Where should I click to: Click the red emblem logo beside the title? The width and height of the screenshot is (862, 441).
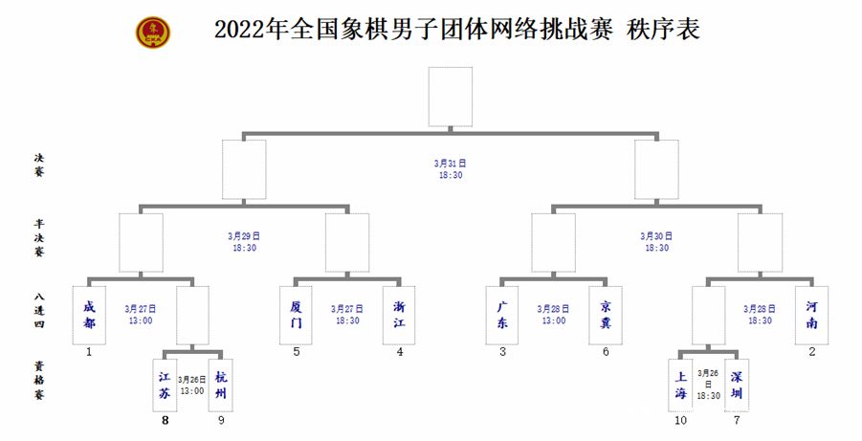coord(153,32)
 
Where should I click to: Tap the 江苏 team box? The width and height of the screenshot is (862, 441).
coord(166,385)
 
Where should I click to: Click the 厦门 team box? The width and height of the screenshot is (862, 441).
coord(297,316)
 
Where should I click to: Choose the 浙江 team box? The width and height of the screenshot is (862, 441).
coord(400,316)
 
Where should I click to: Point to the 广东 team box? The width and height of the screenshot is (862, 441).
coord(502,316)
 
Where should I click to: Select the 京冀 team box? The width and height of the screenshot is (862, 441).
coord(606,316)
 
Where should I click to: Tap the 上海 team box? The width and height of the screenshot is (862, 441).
coord(680,385)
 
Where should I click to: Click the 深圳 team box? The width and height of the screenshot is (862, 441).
coord(737,385)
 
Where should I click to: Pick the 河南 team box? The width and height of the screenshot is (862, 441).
coord(811,316)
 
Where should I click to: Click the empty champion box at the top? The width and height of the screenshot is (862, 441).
coord(450,96)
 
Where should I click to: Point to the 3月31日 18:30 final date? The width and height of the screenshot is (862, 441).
coord(450,169)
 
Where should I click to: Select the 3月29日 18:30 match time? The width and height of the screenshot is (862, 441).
coord(244,241)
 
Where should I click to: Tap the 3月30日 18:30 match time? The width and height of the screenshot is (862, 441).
coord(656,241)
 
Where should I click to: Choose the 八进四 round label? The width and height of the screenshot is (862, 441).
coord(39,316)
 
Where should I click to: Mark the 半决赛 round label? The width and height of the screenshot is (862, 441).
coord(39,241)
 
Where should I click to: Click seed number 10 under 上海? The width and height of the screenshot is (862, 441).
coord(680,419)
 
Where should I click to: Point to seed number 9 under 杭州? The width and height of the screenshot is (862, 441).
coord(222,419)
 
